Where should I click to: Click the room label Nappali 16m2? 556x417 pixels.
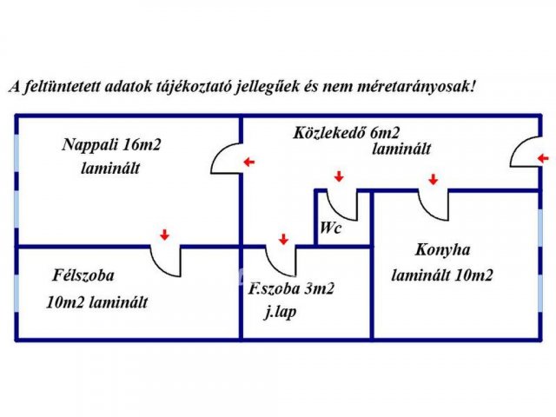[111, 145]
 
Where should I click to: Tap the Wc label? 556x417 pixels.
[330, 228]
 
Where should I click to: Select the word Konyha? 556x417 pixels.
[442, 250]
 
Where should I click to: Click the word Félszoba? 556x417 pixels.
[83, 275]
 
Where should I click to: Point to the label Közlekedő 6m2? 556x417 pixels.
[346, 133]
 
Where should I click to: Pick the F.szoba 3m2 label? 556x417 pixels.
[291, 289]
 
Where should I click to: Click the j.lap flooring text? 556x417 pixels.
[280, 313]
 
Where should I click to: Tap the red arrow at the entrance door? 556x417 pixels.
[543, 158]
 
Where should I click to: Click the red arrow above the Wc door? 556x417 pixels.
[340, 176]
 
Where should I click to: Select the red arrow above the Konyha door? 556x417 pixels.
[433, 179]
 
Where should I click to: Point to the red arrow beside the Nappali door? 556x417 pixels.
[249, 162]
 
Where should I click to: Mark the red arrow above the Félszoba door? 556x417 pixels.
[164, 235]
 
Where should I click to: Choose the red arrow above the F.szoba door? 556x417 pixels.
[283, 239]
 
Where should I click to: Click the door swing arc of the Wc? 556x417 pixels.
[335, 212]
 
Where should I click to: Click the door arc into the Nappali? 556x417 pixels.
[220, 152]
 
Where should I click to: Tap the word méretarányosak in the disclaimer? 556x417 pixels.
[416, 87]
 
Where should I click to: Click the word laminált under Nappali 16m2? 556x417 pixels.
[110, 168]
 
